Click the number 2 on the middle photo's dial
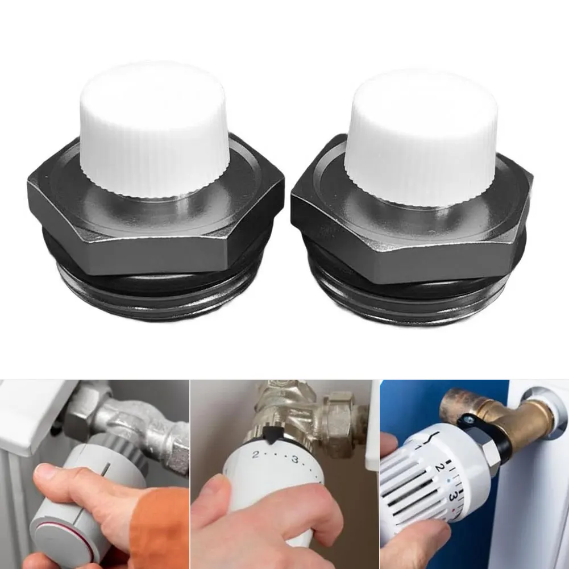(256, 454)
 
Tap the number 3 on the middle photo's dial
(294, 459)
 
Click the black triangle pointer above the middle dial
(269, 435)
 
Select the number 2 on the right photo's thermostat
(438, 468)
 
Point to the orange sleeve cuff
(160, 526)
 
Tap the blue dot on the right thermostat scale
(449, 481)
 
